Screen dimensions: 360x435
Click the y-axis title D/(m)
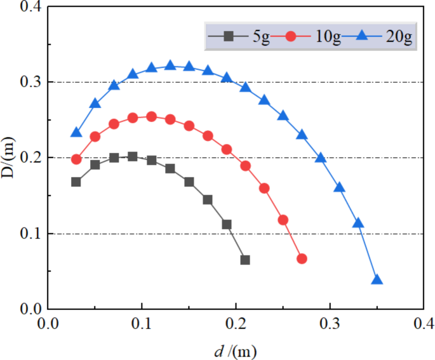click(9, 157)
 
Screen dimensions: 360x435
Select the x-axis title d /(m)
click(235, 349)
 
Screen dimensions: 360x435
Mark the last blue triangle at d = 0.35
click(377, 280)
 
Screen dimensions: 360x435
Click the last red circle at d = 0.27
click(302, 258)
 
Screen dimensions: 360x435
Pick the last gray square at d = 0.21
click(245, 260)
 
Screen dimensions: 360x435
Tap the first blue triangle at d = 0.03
click(76, 133)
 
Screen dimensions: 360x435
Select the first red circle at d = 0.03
click(76, 159)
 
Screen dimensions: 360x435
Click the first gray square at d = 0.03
click(76, 182)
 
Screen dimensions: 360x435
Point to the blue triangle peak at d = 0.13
click(170, 65)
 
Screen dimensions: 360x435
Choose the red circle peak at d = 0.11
click(151, 117)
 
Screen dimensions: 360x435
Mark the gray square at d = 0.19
click(227, 224)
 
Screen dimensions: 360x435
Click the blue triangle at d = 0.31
click(339, 187)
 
